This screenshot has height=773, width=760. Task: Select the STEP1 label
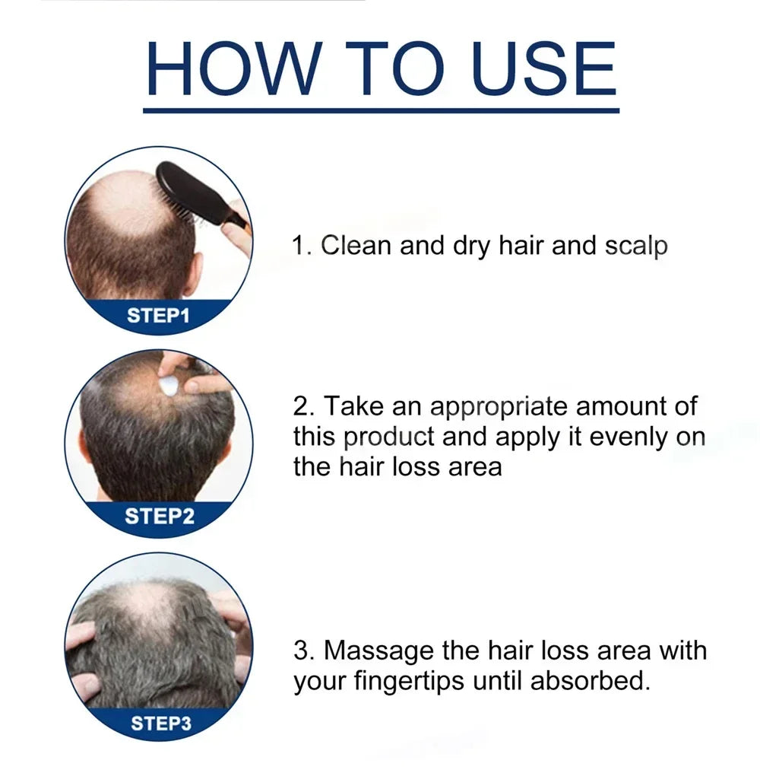[x=157, y=316]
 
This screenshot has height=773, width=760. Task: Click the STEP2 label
[x=159, y=516]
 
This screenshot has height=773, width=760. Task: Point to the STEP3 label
[x=160, y=722]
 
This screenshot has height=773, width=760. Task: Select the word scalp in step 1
[x=636, y=246]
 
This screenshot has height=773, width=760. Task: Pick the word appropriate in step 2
[x=499, y=406]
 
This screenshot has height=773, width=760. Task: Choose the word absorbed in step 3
[x=589, y=681]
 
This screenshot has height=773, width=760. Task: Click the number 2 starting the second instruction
[x=302, y=406]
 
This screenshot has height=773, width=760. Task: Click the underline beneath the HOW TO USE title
[x=381, y=110]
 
